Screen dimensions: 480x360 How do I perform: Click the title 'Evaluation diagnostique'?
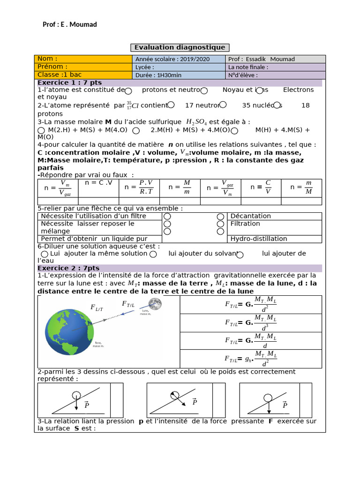[180, 47]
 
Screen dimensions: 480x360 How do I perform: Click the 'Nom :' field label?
[47, 59]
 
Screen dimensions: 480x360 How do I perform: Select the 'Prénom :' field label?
[52, 67]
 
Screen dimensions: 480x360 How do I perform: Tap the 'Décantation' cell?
[251, 216]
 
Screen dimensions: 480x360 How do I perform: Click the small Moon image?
[155, 304]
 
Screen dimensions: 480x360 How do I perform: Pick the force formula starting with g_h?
[251, 359]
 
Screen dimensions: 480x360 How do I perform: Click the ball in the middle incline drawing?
[174, 395]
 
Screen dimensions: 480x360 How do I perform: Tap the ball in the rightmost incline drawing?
[268, 398]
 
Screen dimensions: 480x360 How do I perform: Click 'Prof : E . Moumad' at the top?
[70, 24]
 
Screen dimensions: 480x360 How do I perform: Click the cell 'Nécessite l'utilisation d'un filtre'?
[93, 216]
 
